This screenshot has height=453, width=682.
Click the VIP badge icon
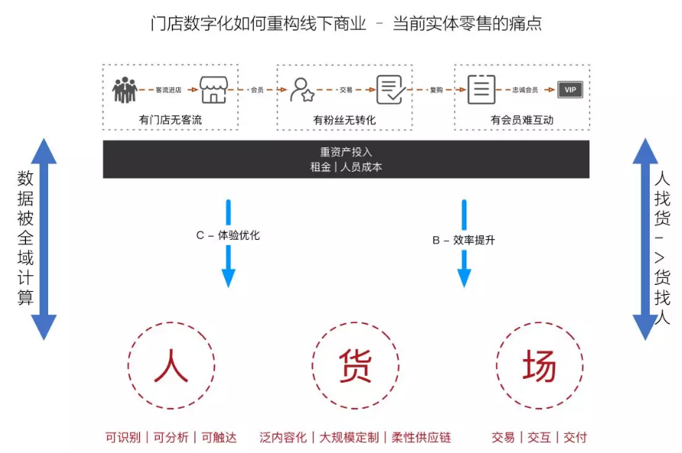(x=569, y=89)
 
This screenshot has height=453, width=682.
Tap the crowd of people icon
(x=124, y=89)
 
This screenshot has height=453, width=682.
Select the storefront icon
(x=213, y=89)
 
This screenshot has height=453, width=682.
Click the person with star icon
(x=303, y=89)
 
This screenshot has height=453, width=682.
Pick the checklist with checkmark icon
(x=390, y=89)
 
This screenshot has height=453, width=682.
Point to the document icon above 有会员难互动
(x=481, y=89)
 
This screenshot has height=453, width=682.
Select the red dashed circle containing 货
(x=355, y=366)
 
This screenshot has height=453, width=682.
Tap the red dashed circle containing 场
(x=539, y=366)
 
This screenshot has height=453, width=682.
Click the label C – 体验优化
(x=228, y=235)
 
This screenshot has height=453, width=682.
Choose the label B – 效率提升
(x=463, y=240)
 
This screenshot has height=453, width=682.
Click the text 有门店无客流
(x=170, y=120)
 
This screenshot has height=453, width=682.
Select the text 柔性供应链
(x=421, y=438)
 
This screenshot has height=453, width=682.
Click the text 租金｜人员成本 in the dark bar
(x=346, y=167)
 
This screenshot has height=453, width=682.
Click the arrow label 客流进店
(x=168, y=89)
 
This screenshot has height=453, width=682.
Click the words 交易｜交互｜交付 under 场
(x=539, y=438)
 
